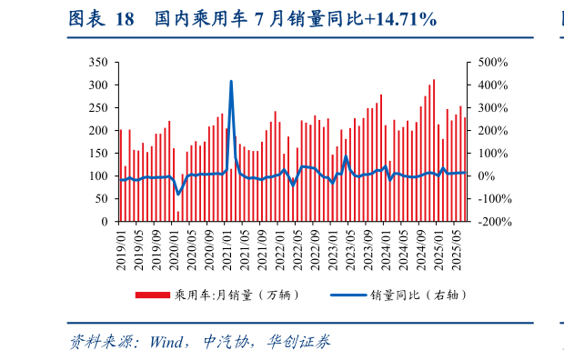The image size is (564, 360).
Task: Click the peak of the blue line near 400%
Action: (231, 82)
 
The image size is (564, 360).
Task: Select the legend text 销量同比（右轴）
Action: (415, 295)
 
